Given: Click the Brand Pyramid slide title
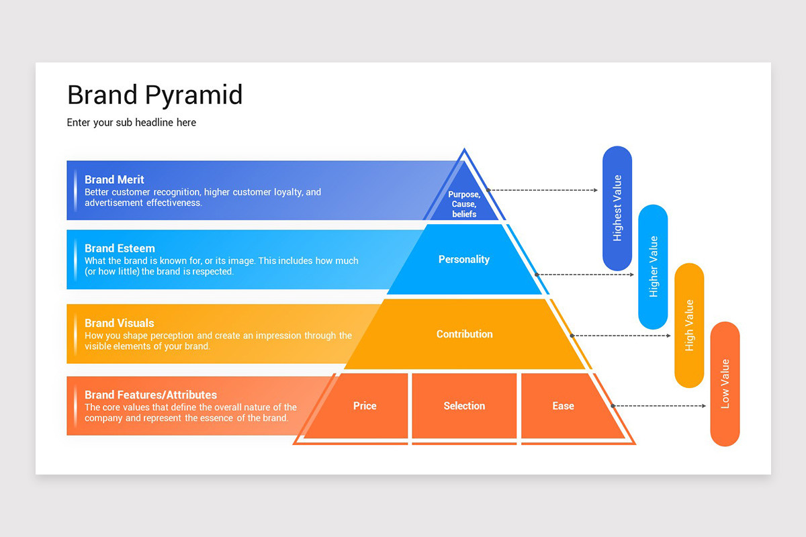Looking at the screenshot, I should tap(154, 95).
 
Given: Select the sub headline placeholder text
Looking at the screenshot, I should tap(132, 123).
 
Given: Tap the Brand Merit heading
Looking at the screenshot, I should tap(114, 180).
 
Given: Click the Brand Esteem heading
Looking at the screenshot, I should tap(120, 248).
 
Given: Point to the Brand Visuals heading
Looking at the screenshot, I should tap(119, 323).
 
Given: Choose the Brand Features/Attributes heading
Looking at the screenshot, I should tap(150, 395).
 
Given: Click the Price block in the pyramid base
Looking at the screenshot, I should tap(365, 406).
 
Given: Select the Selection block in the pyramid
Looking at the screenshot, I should tap(464, 406).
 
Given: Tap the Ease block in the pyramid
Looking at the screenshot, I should tap(563, 406).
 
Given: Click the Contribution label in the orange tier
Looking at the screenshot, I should tap(464, 334).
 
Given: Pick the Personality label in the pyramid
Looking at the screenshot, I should tap(464, 260).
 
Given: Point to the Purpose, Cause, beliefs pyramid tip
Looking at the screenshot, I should tap(464, 204).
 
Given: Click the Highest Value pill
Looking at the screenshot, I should tap(617, 208).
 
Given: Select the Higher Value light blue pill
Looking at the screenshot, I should tap(653, 266).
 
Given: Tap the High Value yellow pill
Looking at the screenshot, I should tap(689, 326).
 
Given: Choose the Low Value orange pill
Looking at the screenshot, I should tap(725, 384).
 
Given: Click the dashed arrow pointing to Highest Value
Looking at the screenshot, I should tap(543, 191).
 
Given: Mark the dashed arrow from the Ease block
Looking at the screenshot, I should tap(658, 406).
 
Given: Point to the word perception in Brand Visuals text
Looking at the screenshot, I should tap(167, 336).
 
